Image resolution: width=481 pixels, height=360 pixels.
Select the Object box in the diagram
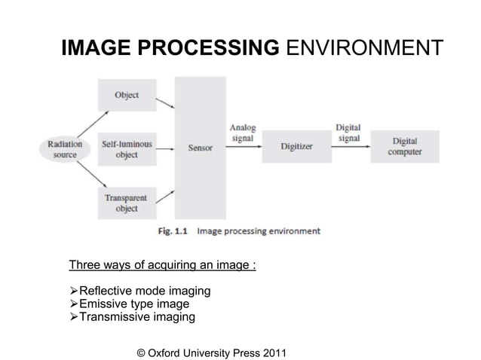pos(126,96)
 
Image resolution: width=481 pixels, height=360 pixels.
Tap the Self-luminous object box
pos(126,148)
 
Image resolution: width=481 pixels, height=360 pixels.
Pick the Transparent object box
pos(126,203)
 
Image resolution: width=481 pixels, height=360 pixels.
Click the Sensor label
pos(200,148)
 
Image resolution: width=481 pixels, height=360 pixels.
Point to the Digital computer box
pos(405,147)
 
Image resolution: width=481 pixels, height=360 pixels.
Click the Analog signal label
pos(242,133)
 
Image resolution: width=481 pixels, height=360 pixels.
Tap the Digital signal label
pos(348,133)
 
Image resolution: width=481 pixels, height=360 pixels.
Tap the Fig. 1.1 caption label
pos(174,231)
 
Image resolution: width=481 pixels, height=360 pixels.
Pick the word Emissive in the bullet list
pos(105,304)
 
